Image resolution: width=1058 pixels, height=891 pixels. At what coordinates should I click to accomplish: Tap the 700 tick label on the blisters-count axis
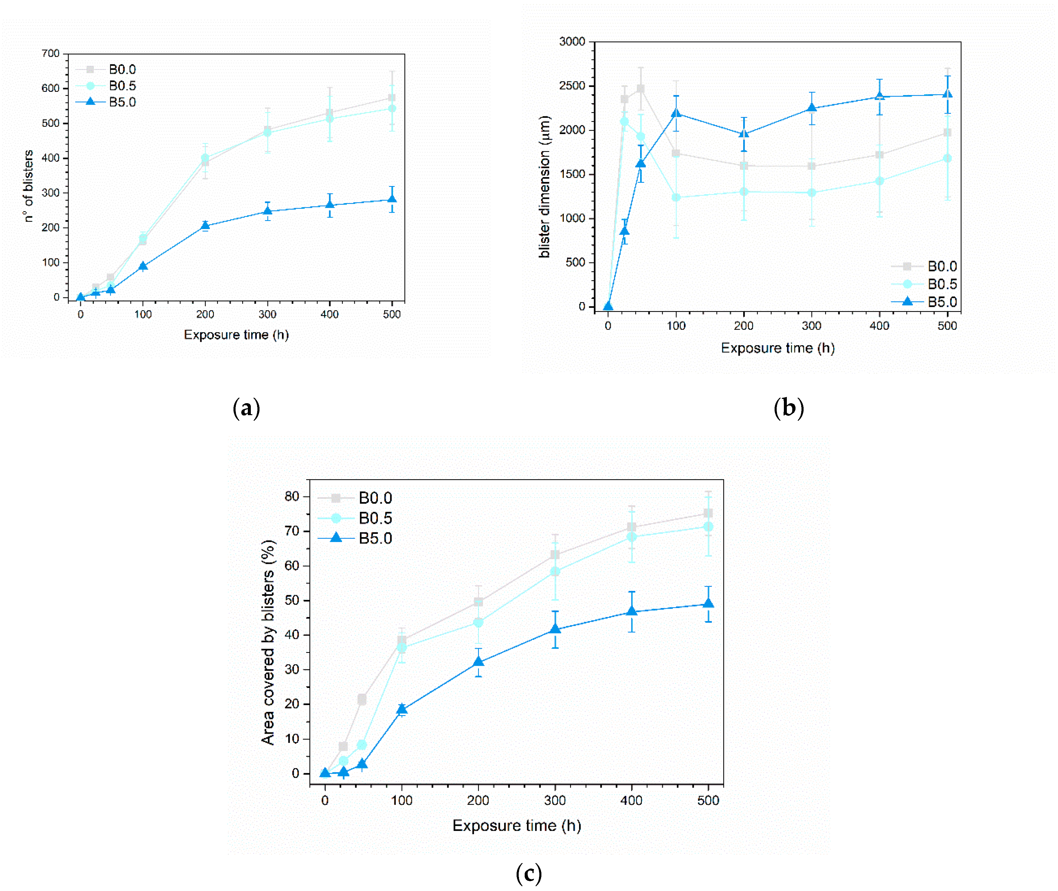coord(51,54)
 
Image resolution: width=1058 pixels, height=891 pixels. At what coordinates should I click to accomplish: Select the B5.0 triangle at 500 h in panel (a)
coord(392,199)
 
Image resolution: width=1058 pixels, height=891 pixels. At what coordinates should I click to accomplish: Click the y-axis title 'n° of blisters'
coord(28,186)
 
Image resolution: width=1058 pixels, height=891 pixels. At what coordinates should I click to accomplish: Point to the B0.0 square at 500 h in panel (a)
coord(392,98)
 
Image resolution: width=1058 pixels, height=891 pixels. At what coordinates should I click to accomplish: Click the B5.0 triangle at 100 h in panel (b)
coord(676,113)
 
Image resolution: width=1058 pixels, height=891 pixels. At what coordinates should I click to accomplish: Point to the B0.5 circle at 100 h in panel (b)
coord(676,197)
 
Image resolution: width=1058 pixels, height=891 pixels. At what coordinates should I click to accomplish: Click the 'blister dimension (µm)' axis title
coord(544,187)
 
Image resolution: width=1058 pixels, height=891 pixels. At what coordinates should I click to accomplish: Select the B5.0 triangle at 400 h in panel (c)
coord(631,611)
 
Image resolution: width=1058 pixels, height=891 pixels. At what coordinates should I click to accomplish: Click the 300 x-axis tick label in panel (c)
coord(555,801)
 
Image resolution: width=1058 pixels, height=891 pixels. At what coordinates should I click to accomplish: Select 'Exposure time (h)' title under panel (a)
coord(236,335)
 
